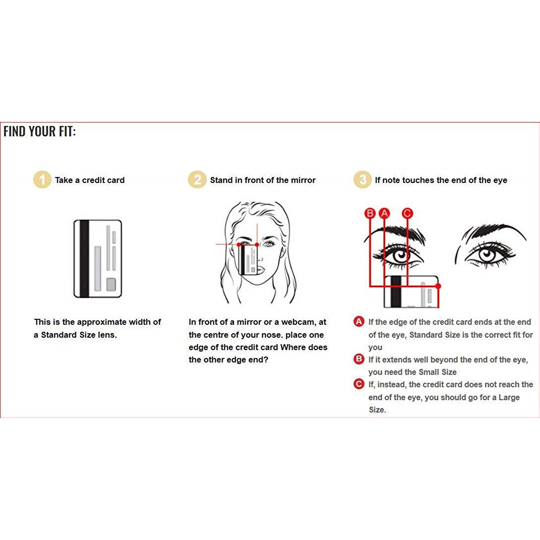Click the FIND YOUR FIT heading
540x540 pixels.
point(39,131)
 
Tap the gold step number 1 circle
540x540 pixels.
point(42,180)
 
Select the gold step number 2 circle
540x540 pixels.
point(197,180)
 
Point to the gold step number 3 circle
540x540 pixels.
point(362,180)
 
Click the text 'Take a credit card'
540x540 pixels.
point(90,180)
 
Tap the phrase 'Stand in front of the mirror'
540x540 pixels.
point(263,180)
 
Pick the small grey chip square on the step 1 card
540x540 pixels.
point(111,285)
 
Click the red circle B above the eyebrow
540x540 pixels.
point(370,213)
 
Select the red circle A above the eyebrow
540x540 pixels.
point(384,213)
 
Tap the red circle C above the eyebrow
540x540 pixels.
point(408,213)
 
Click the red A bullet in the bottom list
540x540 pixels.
point(359,322)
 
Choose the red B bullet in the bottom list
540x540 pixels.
point(359,359)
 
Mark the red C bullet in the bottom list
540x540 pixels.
point(359,384)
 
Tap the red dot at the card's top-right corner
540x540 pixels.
point(438,286)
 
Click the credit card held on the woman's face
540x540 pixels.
point(248,260)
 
